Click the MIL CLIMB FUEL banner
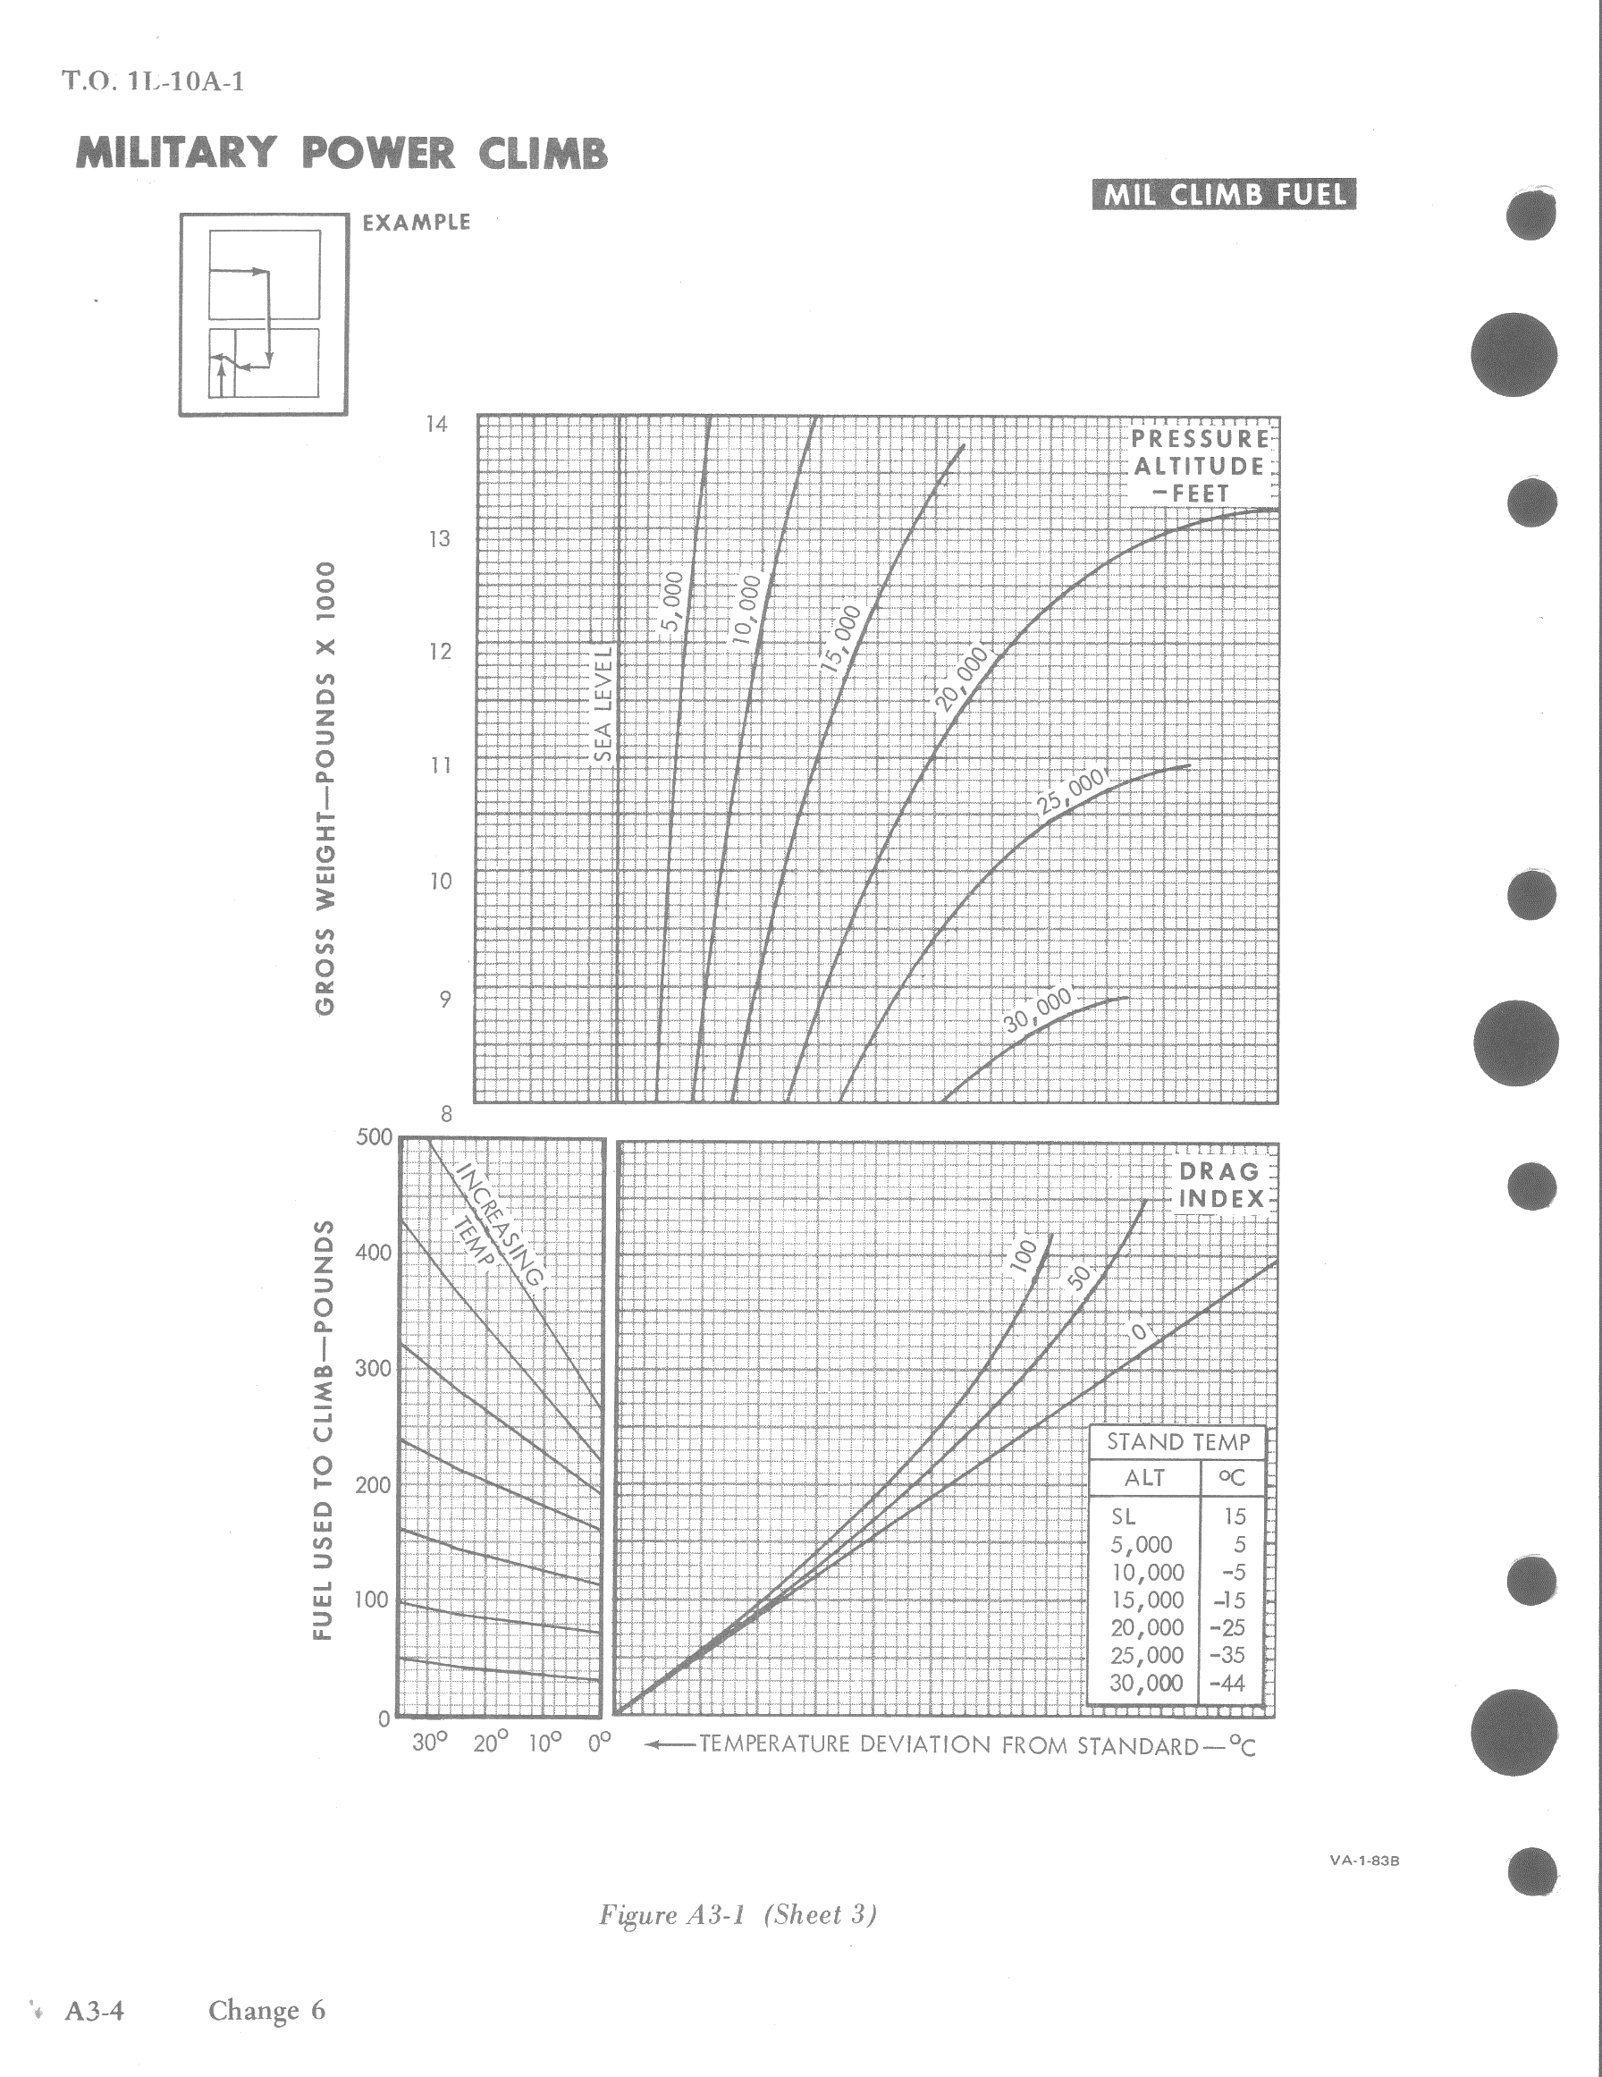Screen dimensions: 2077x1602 coord(1224,195)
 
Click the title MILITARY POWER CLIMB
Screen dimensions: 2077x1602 coord(341,153)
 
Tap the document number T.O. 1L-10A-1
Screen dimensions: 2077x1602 coord(154,80)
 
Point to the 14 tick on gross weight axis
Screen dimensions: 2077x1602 coord(436,424)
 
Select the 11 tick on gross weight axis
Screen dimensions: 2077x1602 coord(439,765)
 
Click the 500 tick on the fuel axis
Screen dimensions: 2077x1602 coord(374,1137)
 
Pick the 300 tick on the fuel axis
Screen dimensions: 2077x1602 coord(374,1369)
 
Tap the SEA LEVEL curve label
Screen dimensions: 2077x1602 coord(602,704)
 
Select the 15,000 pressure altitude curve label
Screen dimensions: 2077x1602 coord(840,639)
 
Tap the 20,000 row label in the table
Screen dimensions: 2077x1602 coord(1147,1628)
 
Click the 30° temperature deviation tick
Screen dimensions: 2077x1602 coord(429,1743)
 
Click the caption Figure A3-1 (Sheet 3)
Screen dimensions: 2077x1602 coord(738,1914)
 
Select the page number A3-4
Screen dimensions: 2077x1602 coord(94,2011)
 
